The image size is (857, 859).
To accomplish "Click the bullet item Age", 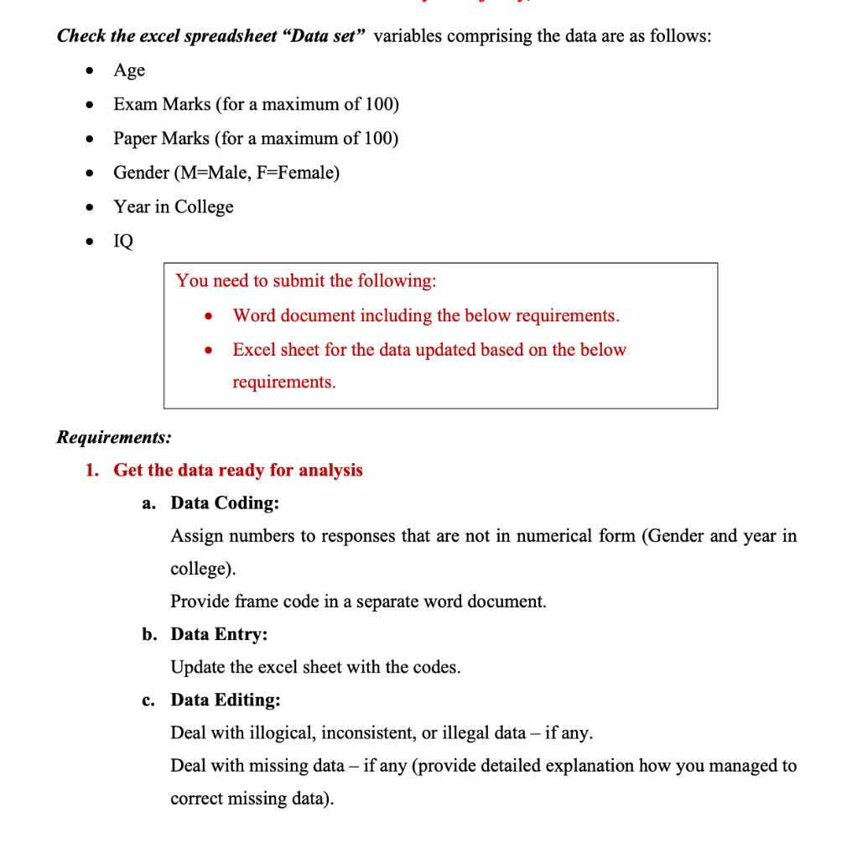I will (x=129, y=70).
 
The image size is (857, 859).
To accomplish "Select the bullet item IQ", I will (x=123, y=242).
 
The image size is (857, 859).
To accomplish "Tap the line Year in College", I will (x=174, y=207).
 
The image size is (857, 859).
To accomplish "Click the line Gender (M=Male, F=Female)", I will (x=226, y=173).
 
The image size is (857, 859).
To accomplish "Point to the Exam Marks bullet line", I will (x=256, y=105).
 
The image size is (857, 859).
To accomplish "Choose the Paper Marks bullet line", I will (x=256, y=138).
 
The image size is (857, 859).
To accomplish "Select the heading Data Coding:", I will (x=225, y=503).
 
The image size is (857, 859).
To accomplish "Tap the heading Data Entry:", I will (x=219, y=634).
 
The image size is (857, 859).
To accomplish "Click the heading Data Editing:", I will (x=226, y=700).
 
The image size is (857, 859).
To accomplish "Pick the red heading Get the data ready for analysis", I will (x=238, y=470).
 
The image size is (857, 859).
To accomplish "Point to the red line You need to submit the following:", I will (x=306, y=281).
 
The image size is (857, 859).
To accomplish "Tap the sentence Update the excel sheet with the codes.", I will (x=315, y=667).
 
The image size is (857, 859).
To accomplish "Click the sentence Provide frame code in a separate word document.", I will (x=358, y=601).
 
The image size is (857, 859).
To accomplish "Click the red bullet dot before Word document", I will (x=208, y=317).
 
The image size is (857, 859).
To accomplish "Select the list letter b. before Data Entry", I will (x=148, y=634).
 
